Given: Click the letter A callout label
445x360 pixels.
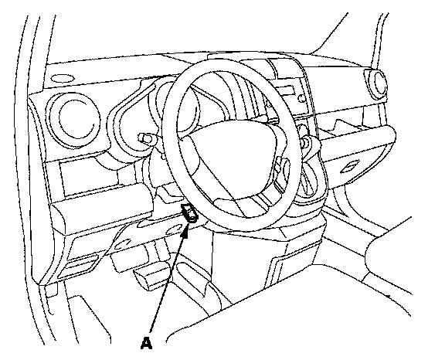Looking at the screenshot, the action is (x=147, y=343).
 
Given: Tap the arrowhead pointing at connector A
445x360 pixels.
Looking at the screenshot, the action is (x=185, y=229).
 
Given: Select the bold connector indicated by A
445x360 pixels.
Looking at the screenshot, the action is (x=189, y=212).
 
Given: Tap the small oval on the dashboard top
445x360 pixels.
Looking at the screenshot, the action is (x=62, y=79).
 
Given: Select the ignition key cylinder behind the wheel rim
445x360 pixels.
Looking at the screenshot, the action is (x=145, y=138).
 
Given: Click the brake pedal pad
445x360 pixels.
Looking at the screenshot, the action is (x=151, y=276).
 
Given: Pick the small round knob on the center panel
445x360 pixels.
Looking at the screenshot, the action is (x=301, y=99).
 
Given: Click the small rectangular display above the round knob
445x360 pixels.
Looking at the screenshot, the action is (x=284, y=91).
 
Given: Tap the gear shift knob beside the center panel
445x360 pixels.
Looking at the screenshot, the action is (x=307, y=141).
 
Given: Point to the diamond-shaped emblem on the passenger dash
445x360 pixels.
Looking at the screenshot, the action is (x=350, y=167).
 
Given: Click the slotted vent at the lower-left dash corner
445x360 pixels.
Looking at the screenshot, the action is (x=78, y=264).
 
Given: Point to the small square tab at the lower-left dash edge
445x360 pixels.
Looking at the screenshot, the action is (x=51, y=291).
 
